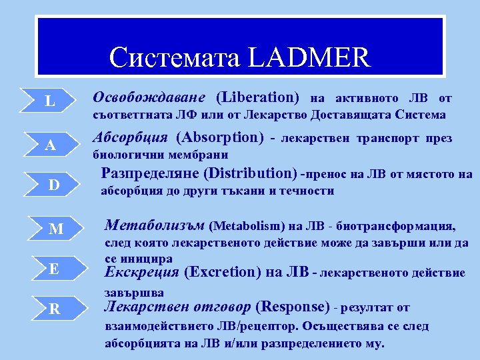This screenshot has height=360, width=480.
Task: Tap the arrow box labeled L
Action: (x=51, y=102)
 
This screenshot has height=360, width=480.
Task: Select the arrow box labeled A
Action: (x=51, y=146)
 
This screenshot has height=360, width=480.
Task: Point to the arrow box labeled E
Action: (x=55, y=269)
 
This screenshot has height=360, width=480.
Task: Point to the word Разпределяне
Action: (x=149, y=174)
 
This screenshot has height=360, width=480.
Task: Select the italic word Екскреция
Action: (x=141, y=272)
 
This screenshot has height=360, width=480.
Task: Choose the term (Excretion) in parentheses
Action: (x=221, y=272)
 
